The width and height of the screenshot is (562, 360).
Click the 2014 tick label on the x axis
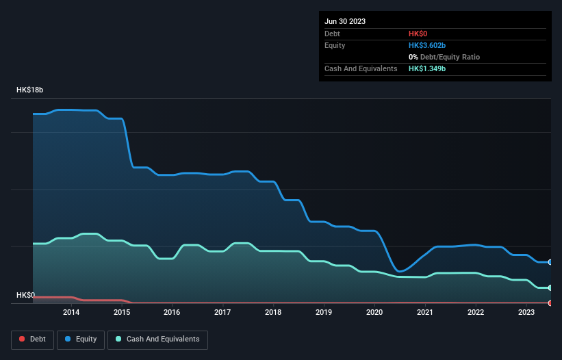pyautogui.click(x=71, y=312)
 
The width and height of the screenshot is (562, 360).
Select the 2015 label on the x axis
pyautogui.click(x=122, y=312)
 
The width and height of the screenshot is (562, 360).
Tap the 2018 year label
pyautogui.click(x=273, y=312)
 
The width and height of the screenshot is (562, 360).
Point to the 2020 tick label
pyautogui.click(x=374, y=312)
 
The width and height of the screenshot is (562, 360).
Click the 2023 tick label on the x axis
pyautogui.click(x=526, y=312)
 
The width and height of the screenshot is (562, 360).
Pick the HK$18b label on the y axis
pyautogui.click(x=30, y=90)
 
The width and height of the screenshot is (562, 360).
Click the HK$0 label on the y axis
pyautogui.click(x=25, y=295)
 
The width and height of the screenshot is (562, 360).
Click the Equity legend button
pyautogui.click(x=81, y=339)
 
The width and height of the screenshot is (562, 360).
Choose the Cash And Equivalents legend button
pyautogui.click(x=157, y=339)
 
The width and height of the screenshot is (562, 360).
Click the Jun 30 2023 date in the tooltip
pyautogui.click(x=345, y=21)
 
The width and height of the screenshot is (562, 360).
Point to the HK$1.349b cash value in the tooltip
pyautogui.click(x=427, y=68)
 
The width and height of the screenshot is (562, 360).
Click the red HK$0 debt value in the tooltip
pyautogui.click(x=418, y=34)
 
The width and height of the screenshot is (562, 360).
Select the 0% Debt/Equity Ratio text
pyautogui.click(x=444, y=57)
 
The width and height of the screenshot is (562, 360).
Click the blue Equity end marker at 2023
pyautogui.click(x=550, y=262)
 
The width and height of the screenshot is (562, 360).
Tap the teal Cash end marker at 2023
pyautogui.click(x=550, y=287)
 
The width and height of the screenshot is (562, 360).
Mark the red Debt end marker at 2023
pyautogui.click(x=550, y=303)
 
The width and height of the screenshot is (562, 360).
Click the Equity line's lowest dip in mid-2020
pyautogui.click(x=400, y=271)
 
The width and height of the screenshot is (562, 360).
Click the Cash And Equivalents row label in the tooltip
pyautogui.click(x=361, y=68)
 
